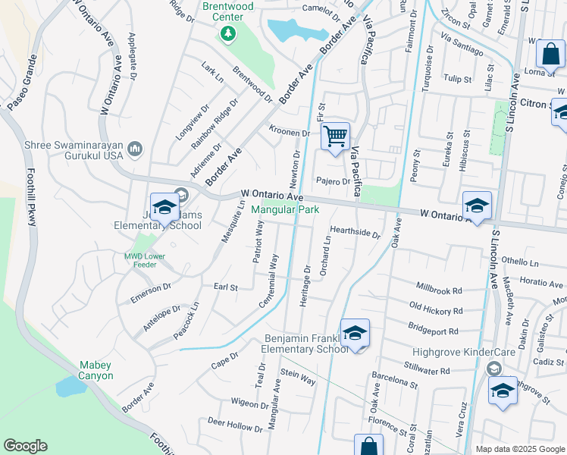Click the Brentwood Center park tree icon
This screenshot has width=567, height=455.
tap(227, 34)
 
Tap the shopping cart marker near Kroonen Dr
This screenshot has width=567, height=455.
tap(334, 137)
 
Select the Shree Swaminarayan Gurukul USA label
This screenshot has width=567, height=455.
tap(63, 149)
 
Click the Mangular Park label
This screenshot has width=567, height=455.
tap(285, 209)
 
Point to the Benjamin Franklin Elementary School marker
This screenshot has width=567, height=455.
tap(355, 334)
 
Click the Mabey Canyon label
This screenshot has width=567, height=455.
tap(96, 370)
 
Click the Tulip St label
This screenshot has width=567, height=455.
tap(458, 79)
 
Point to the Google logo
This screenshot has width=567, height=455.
tap(26, 446)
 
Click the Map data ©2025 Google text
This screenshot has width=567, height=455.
tap(521, 449)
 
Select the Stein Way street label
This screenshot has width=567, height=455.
tap(297, 376)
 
